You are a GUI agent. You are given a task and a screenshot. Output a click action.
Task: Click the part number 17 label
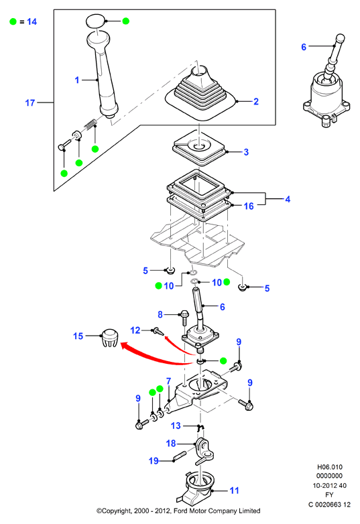(30, 103)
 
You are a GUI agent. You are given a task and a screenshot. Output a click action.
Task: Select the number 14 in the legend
(32, 21)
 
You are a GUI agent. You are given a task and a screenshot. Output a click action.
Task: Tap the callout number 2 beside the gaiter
(256, 101)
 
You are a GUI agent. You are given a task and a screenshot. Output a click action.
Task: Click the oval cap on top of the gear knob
(96, 21)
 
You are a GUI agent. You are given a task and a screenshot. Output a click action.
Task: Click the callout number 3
(246, 152)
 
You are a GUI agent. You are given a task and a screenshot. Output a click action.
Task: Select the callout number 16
(249, 206)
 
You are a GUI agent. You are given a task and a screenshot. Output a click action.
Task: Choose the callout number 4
(288, 199)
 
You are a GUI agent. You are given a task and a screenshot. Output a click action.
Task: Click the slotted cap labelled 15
(109, 338)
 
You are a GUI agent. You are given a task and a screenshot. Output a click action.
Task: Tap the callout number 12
(135, 330)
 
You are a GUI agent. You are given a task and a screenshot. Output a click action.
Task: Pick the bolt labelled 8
(184, 317)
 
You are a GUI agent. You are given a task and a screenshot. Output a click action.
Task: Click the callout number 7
(168, 381)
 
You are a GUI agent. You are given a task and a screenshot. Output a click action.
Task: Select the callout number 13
(176, 425)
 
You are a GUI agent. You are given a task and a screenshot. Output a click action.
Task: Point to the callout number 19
(154, 461)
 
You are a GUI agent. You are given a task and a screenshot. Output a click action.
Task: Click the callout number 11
(235, 490)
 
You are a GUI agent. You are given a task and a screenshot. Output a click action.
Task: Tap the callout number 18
(171, 443)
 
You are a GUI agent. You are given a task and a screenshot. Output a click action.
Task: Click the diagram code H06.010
(330, 467)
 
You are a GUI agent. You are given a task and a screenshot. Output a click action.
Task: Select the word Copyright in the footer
(117, 511)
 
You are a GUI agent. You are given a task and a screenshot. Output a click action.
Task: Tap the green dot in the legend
(13, 21)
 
